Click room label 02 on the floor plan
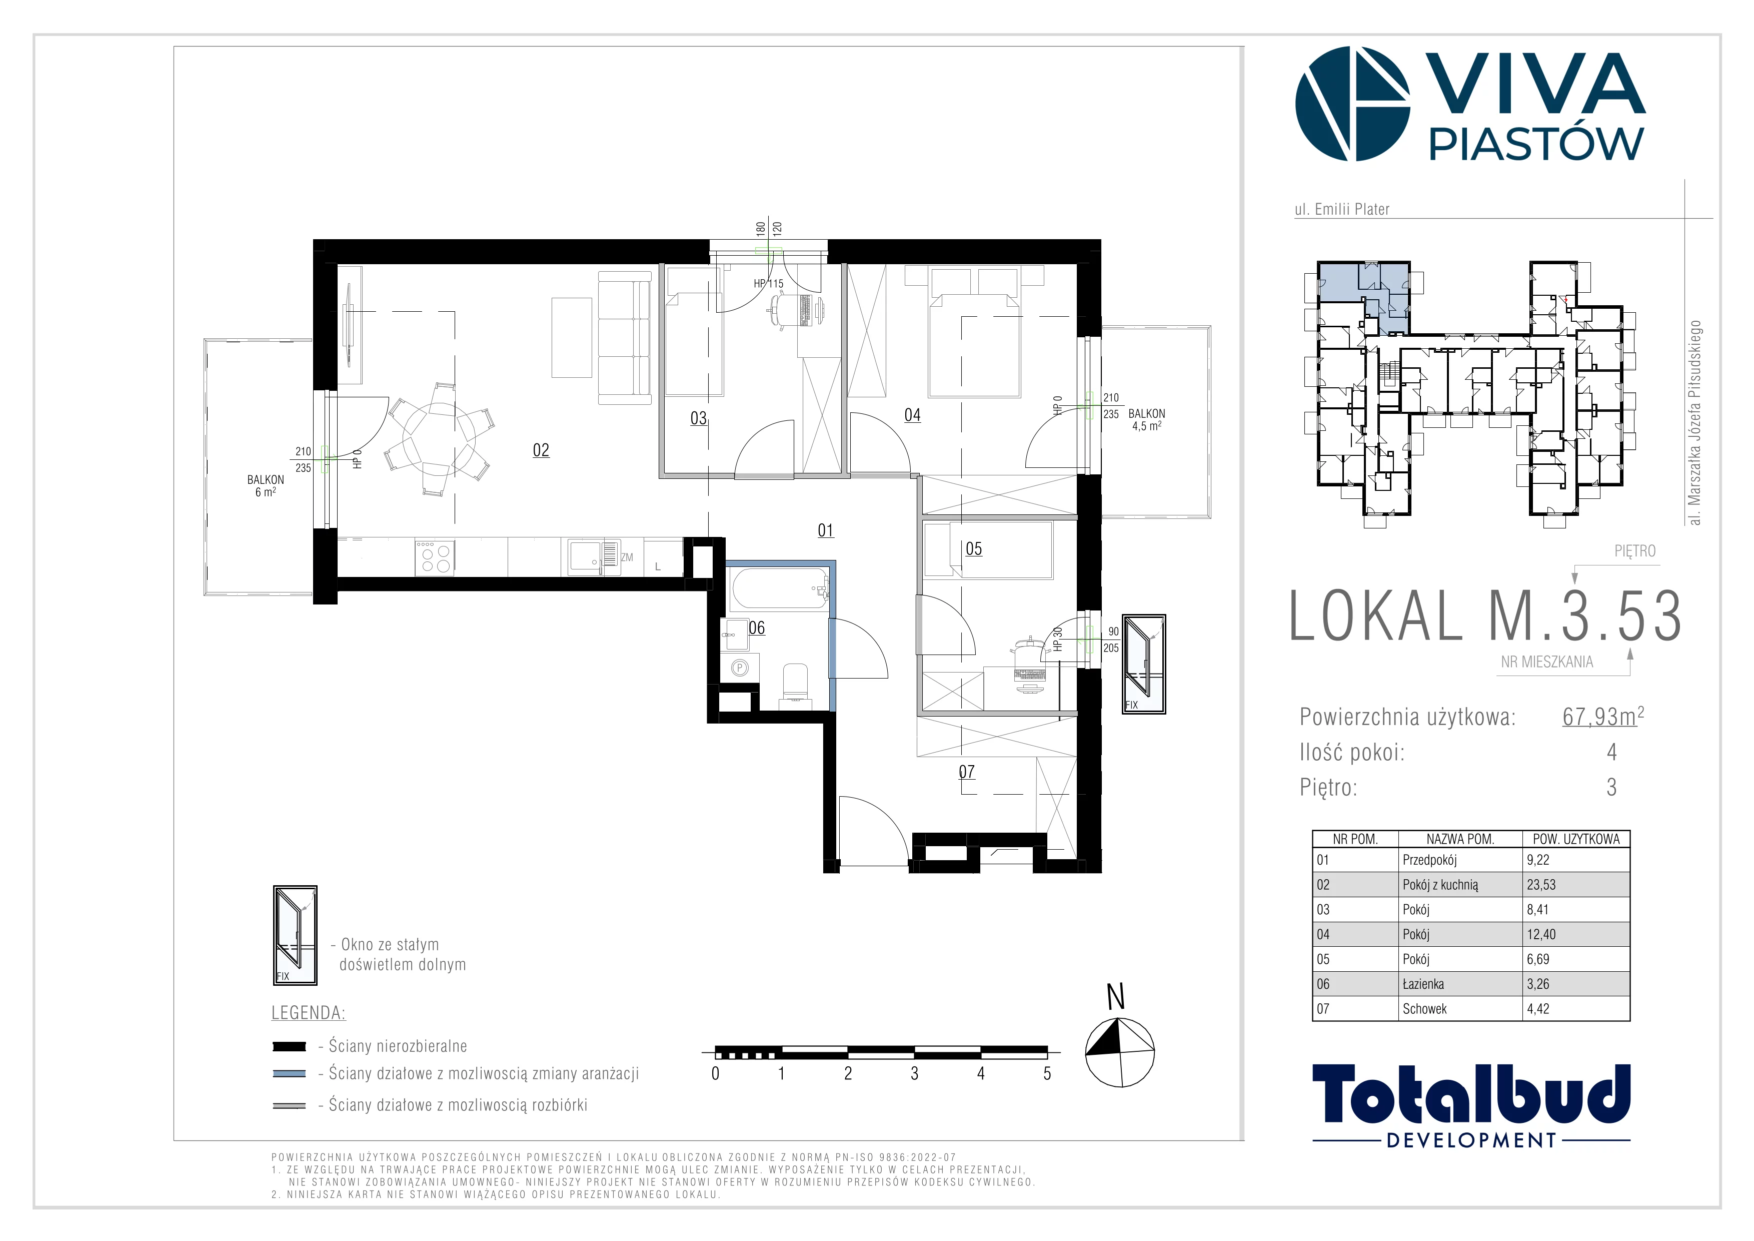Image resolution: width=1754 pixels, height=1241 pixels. coord(541,450)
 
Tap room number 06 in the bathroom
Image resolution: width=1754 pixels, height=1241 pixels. coord(756,628)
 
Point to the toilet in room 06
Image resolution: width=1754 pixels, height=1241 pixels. coord(795,682)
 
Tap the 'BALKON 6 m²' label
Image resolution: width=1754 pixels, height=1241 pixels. coord(265,486)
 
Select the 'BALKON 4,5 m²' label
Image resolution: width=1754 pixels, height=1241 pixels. coord(1147,419)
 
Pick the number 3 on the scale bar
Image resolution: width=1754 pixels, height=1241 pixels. coord(914,1074)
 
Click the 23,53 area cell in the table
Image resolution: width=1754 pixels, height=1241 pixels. coord(1541,885)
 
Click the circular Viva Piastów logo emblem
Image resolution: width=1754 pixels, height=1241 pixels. coord(1352,104)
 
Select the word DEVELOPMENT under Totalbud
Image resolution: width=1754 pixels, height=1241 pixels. coord(1471,1140)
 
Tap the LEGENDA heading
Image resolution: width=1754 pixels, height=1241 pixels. coord(309,1013)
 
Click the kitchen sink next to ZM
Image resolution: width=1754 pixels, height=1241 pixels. coord(593,557)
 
